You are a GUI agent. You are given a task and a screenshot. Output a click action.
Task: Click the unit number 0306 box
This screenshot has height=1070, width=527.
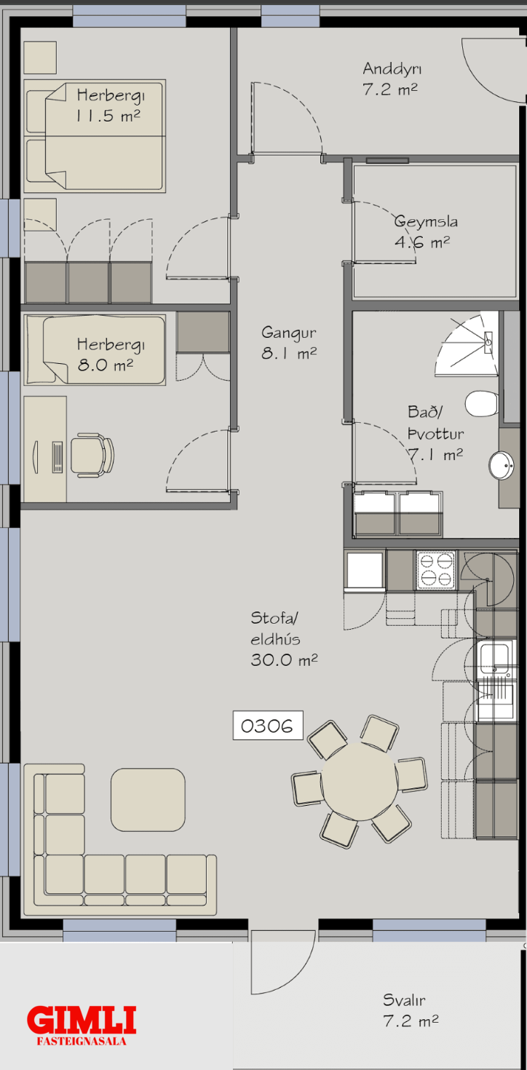[x=268, y=726]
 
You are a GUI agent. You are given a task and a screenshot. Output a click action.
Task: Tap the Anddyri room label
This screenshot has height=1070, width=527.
[x=392, y=79]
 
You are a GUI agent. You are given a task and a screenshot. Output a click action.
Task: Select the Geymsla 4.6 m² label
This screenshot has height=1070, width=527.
[x=425, y=231]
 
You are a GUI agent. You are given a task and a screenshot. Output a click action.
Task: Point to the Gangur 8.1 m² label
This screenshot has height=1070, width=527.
[x=288, y=343]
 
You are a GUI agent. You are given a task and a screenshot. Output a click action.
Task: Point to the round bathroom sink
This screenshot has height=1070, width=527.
[x=502, y=465]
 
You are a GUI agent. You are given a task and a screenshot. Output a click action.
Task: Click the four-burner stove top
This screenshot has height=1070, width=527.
[x=435, y=571]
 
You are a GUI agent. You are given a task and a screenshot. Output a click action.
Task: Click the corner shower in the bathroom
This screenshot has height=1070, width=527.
[x=467, y=344]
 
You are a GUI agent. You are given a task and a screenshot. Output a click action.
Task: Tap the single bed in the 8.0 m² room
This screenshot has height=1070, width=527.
[x=95, y=349]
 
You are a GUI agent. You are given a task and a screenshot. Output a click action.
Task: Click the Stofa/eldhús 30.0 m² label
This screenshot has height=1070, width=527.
[x=284, y=639]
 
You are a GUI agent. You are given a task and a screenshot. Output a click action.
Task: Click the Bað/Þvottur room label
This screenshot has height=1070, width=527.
[x=435, y=433]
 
